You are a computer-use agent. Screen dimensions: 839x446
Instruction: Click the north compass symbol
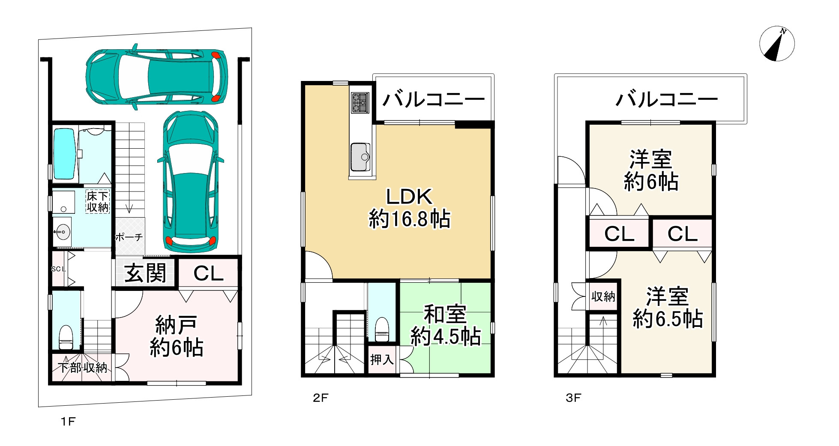click(x=777, y=44)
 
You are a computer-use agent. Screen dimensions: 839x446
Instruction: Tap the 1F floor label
click(x=68, y=422)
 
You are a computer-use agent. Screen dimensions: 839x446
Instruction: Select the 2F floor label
click(x=320, y=398)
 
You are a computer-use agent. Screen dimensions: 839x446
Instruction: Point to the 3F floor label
click(x=573, y=398)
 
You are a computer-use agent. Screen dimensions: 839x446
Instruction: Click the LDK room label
click(x=410, y=197)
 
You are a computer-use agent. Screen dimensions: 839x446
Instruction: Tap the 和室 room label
click(x=445, y=314)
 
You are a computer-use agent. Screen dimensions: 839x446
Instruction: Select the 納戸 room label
click(x=176, y=326)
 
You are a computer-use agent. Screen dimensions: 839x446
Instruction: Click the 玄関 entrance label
click(x=145, y=273)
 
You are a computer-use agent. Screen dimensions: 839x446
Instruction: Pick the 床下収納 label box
click(x=98, y=201)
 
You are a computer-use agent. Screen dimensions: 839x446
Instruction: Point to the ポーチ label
click(x=129, y=237)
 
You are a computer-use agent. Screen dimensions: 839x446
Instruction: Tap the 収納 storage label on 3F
click(x=603, y=296)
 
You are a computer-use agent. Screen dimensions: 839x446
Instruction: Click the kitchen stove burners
click(x=360, y=103)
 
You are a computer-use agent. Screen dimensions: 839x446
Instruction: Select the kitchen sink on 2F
click(x=360, y=157)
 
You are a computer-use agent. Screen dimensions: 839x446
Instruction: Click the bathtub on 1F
click(x=65, y=153)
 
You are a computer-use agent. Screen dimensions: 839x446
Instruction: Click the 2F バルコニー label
click(x=434, y=100)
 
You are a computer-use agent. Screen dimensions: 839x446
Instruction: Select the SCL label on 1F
click(x=59, y=269)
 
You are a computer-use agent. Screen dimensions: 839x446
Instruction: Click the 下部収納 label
click(x=83, y=368)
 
